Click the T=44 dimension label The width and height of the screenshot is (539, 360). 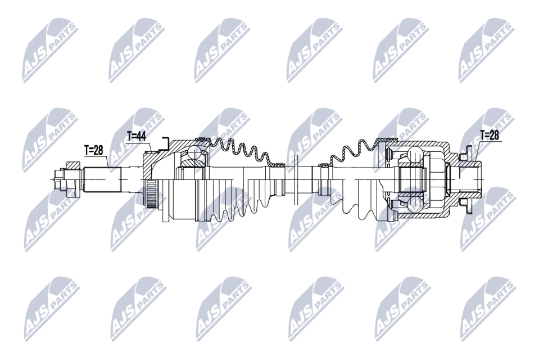[x=137, y=136]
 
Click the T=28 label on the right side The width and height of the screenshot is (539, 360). [x=490, y=134]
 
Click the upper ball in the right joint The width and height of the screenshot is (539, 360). [x=415, y=154]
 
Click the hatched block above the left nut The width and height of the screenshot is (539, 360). [x=72, y=165]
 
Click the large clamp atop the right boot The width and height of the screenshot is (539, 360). [x=383, y=139]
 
